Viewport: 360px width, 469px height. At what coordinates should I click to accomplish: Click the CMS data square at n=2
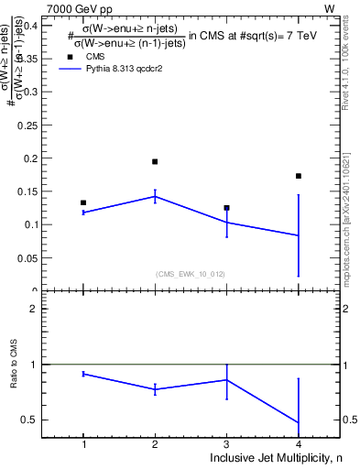[x=155, y=161]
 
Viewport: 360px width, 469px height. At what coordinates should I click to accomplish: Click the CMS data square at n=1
[x=83, y=202]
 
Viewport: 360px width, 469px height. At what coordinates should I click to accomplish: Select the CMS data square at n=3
[x=226, y=208]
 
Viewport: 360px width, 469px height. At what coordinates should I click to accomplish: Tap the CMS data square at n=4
[x=299, y=176]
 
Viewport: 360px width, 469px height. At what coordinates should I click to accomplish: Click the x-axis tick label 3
[x=226, y=444]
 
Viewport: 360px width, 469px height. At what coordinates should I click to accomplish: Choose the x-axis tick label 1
[x=83, y=444]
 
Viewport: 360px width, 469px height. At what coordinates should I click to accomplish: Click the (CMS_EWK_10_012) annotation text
[x=191, y=273]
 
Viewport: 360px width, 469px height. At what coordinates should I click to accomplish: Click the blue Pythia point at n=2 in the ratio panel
[x=155, y=389]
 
